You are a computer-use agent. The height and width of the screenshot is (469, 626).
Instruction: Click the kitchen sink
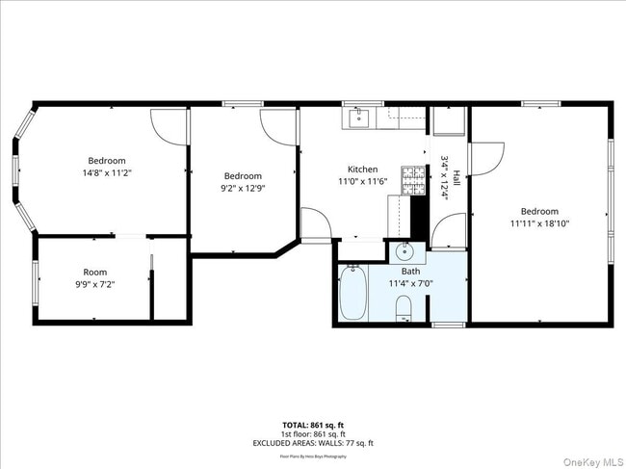coord(358,118)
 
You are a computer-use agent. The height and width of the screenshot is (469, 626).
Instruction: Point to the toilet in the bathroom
coord(405,308)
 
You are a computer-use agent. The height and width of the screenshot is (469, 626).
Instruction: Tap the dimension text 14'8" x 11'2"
coord(107,172)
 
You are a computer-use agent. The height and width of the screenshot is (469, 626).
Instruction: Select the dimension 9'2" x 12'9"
coord(243,189)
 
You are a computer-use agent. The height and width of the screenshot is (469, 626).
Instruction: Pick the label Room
coord(94,272)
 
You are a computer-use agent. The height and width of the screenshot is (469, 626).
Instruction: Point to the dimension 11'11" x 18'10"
coord(539,224)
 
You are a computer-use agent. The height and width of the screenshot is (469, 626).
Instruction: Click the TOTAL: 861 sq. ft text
coord(314,425)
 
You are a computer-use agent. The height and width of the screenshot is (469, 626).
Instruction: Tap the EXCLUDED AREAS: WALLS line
coord(314,443)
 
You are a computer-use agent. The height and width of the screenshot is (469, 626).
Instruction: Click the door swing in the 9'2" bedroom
coord(279,124)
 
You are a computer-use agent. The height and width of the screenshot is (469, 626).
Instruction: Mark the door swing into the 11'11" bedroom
coord(487,158)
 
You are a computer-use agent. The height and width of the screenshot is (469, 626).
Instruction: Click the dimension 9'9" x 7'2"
coord(94,285)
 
